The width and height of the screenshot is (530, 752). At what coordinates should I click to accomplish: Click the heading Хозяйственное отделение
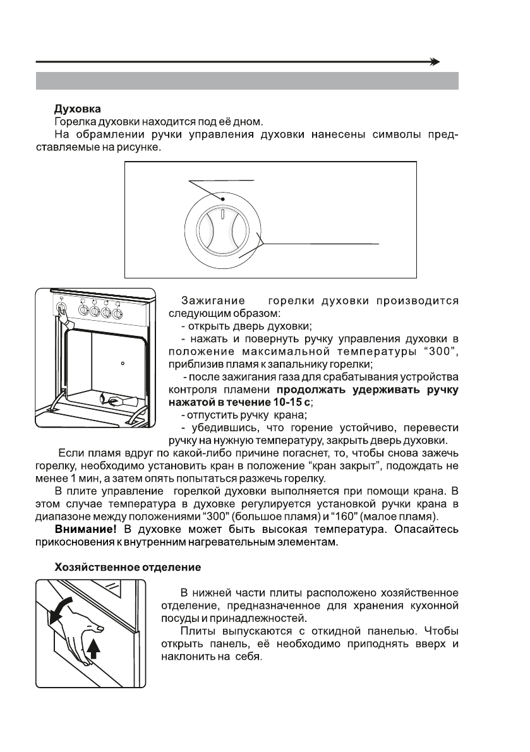[128, 568]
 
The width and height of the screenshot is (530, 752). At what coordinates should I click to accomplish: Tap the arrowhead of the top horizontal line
[435, 62]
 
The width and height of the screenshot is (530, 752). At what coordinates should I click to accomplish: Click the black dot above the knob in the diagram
[224, 200]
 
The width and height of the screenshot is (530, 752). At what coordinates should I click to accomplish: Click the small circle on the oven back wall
[123, 364]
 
